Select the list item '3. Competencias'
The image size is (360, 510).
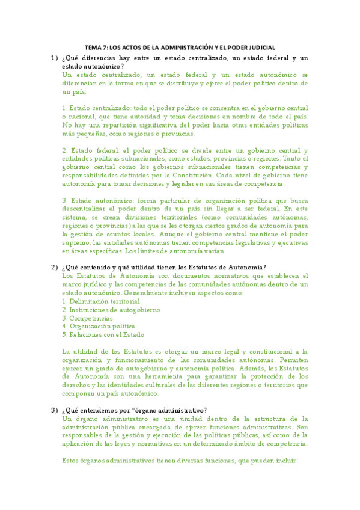(87, 318)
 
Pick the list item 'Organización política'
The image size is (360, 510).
(100, 326)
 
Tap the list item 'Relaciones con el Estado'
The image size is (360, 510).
(106, 334)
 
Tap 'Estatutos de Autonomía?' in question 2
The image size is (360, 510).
(232, 267)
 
